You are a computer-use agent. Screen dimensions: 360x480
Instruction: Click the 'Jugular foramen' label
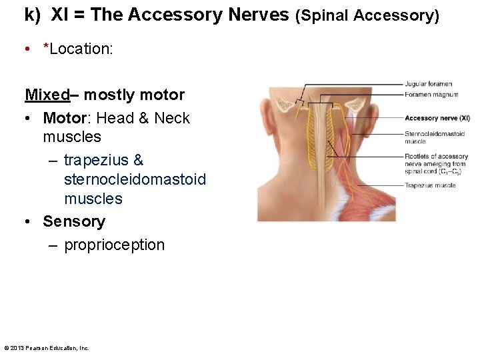428,84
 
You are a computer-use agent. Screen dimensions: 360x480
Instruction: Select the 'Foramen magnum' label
431,95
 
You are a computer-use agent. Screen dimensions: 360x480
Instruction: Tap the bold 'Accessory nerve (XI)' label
437,118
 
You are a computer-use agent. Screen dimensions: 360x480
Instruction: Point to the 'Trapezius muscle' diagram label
430,185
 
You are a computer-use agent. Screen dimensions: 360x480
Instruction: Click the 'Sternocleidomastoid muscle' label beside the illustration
434,137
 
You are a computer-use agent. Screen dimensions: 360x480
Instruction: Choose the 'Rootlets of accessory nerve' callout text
437,164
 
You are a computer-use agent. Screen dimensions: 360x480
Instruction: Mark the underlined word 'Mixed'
47,95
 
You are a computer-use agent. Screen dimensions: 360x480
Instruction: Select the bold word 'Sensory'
74,221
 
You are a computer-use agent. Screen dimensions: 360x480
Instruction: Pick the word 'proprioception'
114,245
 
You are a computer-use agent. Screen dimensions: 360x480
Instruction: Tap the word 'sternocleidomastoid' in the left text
135,179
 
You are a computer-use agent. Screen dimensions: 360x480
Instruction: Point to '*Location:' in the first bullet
77,49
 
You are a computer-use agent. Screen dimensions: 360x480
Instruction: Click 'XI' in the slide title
59,15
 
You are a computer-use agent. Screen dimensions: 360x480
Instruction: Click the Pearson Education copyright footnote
47,348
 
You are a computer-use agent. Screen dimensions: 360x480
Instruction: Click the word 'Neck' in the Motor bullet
172,118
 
